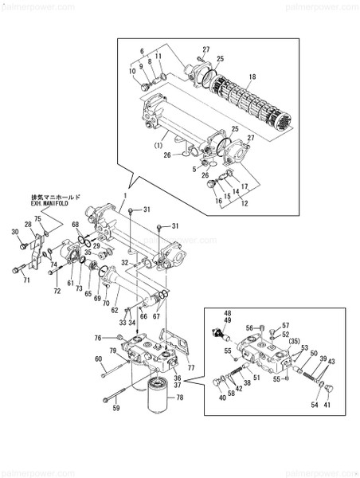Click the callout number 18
tap(252, 76)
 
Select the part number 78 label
tap(179, 398)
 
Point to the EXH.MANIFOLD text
tap(49, 204)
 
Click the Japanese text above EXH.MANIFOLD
tap(53, 197)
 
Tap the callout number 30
tap(14, 232)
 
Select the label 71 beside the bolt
tap(26, 280)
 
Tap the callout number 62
tap(115, 309)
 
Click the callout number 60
tap(99, 359)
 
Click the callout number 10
tap(133, 71)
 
